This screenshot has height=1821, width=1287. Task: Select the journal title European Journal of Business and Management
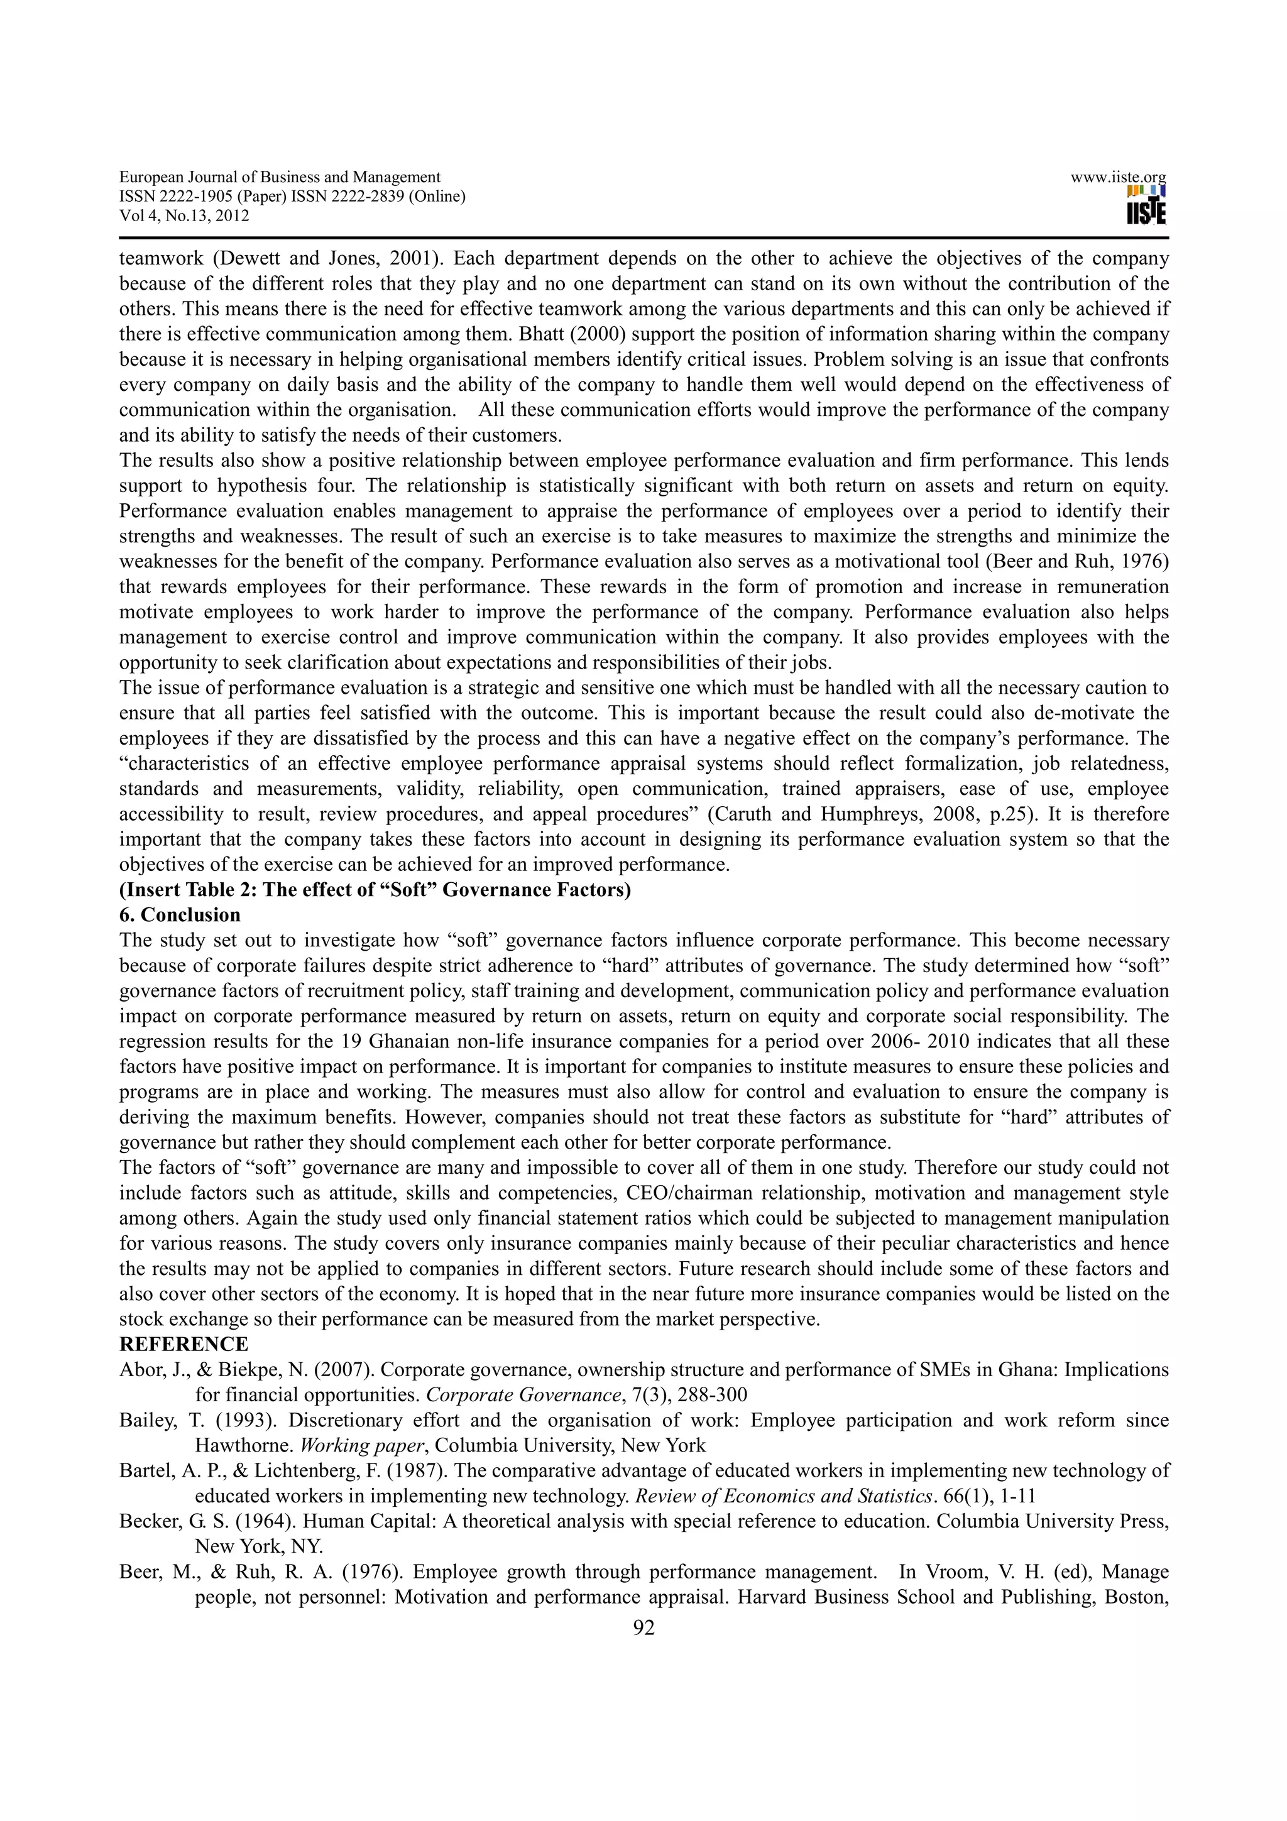(280, 178)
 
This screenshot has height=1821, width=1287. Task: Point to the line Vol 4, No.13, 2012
(184, 216)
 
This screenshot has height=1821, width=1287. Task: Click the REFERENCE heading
(183, 1344)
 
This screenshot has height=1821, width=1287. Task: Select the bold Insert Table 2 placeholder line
(375, 889)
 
